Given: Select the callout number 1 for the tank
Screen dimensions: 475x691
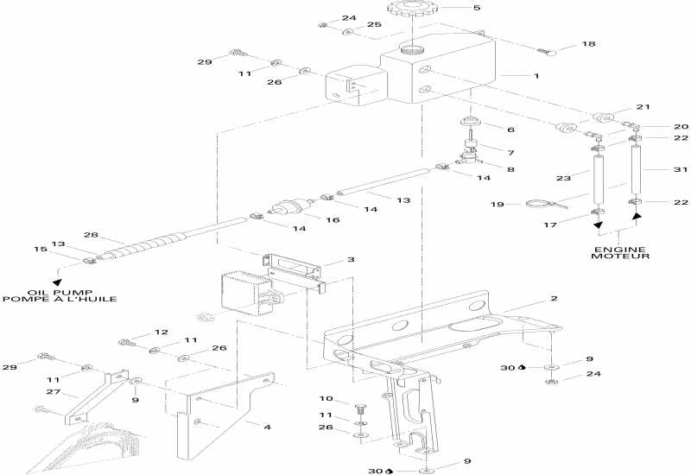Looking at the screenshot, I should [536, 76].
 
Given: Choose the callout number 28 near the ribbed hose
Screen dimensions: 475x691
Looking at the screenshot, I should [90, 235].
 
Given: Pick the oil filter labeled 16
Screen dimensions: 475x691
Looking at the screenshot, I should [287, 209].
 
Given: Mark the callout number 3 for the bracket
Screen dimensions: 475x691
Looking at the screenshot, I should [351, 259].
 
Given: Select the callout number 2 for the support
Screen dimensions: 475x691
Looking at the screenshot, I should [555, 298].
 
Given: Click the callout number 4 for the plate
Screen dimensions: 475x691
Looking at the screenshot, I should [267, 426].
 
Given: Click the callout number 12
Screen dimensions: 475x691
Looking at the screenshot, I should [161, 332].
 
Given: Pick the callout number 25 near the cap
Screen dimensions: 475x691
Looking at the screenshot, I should [374, 25].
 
